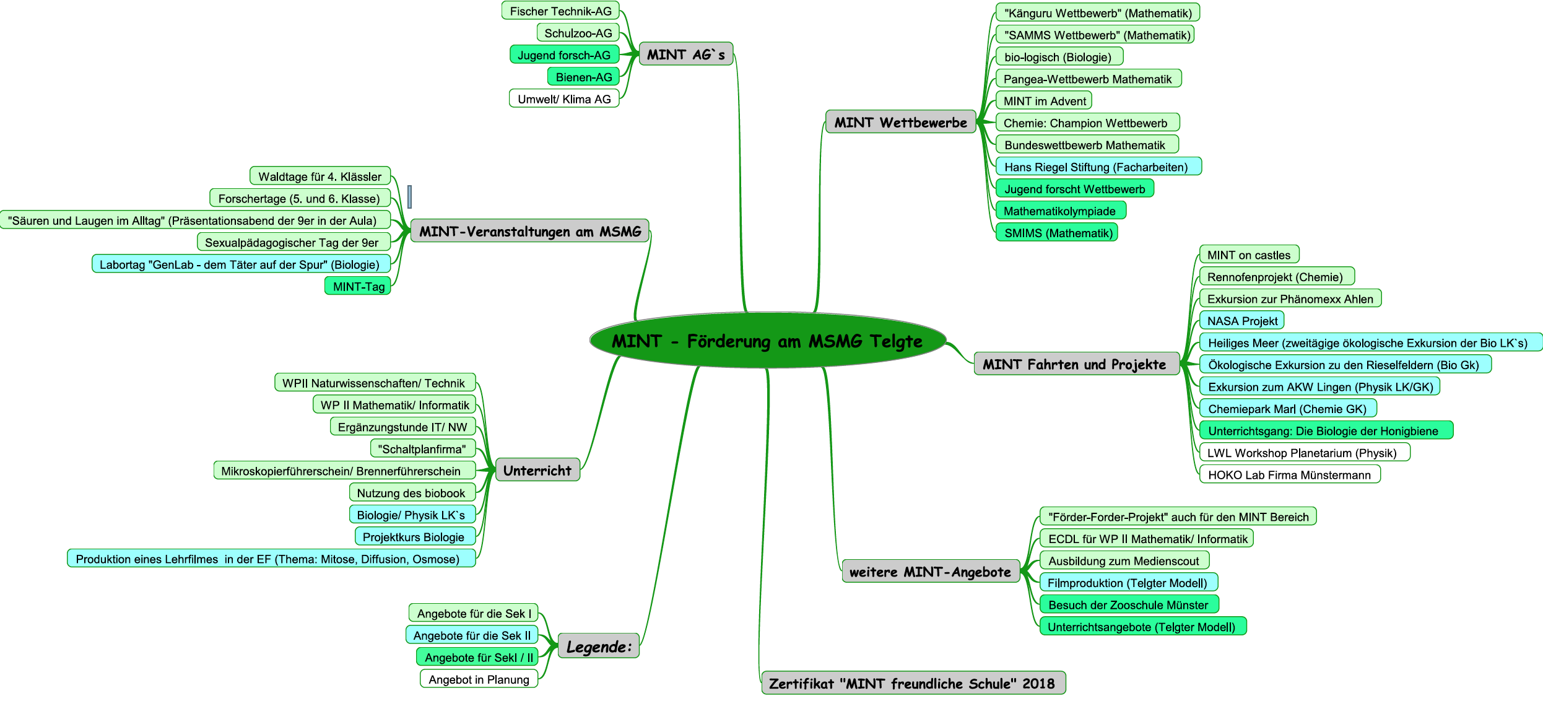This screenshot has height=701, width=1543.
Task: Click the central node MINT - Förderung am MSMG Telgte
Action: click(x=767, y=341)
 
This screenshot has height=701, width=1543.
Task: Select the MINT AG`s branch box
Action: click(x=685, y=54)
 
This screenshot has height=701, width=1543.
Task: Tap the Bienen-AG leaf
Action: click(x=583, y=77)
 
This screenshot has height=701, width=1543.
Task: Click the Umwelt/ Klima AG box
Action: click(x=564, y=99)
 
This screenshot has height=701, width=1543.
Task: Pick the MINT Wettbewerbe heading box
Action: click(x=900, y=123)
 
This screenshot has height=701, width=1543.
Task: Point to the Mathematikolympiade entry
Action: click(x=1059, y=211)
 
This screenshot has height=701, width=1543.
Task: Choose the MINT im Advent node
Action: click(x=1045, y=101)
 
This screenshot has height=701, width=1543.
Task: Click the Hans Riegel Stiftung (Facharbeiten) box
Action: click(x=1096, y=167)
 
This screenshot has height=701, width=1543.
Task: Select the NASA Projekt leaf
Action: click(x=1242, y=321)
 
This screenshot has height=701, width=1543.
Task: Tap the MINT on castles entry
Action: click(x=1249, y=255)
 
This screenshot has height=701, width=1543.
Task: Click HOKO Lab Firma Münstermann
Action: click(x=1290, y=475)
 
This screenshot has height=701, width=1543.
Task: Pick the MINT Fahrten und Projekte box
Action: click(x=1074, y=364)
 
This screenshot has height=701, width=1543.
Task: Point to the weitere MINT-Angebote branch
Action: click(x=930, y=572)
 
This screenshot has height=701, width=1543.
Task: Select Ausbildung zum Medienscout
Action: click(x=1124, y=561)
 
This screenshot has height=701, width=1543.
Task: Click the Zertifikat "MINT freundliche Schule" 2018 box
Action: click(x=912, y=684)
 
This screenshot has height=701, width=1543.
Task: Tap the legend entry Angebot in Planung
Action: click(x=479, y=679)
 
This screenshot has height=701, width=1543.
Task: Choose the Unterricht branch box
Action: click(x=537, y=471)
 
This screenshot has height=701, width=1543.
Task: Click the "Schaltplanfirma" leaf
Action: click(x=422, y=449)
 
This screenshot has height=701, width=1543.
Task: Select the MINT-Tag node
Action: click(x=359, y=286)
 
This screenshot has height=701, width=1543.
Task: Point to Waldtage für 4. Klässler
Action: click(x=320, y=176)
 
